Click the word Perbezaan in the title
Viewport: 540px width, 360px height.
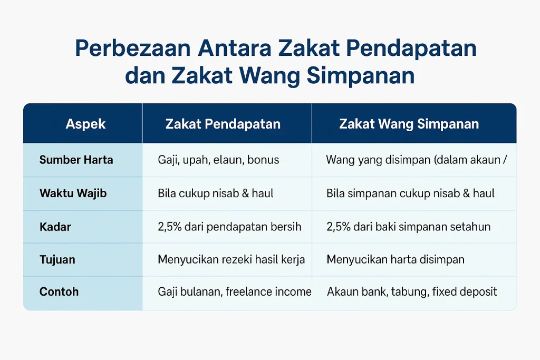pos(132,48)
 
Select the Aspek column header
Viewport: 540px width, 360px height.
pos(85,124)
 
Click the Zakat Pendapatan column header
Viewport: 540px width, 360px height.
pos(223,124)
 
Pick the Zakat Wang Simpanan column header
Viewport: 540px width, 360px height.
pos(409,124)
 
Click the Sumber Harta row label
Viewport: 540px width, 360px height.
pos(76,160)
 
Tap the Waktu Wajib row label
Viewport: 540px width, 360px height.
pos(73,193)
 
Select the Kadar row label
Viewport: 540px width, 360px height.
pos(55,227)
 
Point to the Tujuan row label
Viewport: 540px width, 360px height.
pos(57,259)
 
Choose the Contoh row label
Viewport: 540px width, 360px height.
pos(59,292)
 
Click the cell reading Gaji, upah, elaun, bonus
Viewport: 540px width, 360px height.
pos(218,160)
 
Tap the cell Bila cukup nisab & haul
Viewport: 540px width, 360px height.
pos(216,193)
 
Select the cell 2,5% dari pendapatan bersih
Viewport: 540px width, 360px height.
pos(229,227)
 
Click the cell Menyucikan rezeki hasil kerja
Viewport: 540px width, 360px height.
pos(231,259)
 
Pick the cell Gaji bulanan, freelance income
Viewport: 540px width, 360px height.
pos(235,292)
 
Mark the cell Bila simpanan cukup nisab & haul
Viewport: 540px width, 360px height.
pos(410,193)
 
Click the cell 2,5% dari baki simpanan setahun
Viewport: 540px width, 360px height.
pos(409,227)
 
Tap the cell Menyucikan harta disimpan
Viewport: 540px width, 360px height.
pos(396,259)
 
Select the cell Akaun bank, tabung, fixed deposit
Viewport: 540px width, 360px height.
pos(411,292)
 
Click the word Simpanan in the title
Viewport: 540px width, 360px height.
pos(361,76)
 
